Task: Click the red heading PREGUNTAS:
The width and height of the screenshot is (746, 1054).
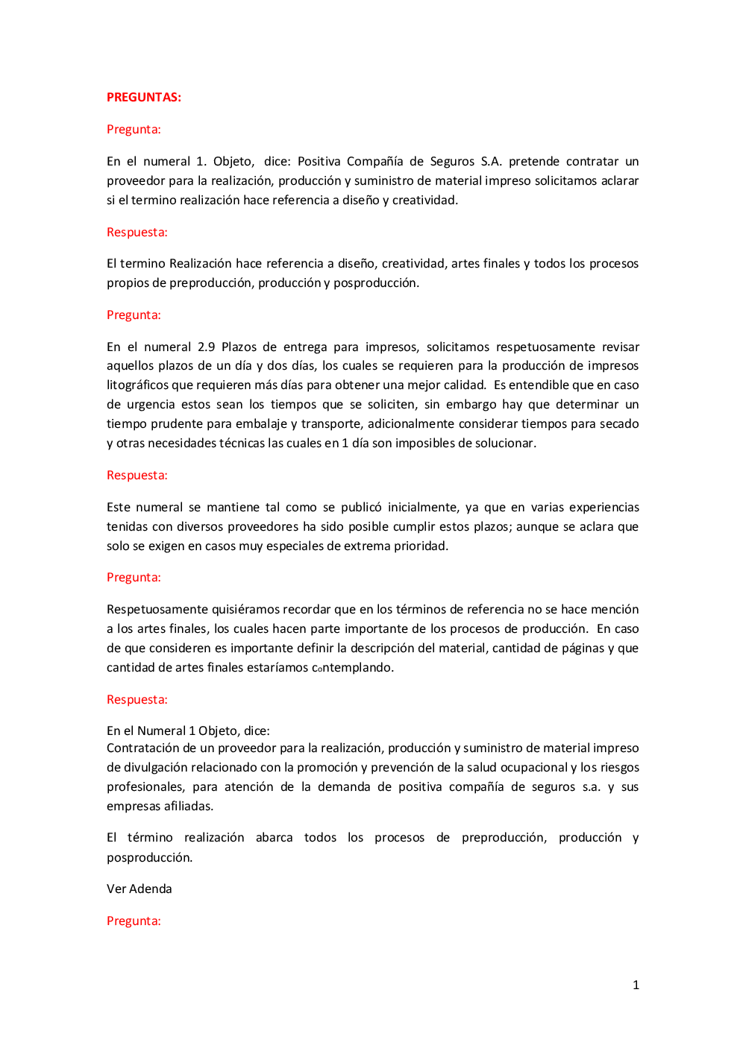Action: pyautogui.click(x=144, y=97)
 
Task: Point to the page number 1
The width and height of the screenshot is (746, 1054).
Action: pyautogui.click(x=636, y=985)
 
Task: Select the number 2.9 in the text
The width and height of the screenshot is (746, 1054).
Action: pyautogui.click(x=206, y=347)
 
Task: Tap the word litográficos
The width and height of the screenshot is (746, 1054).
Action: pyautogui.click(x=138, y=385)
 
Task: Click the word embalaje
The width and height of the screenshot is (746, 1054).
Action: pyautogui.click(x=260, y=423)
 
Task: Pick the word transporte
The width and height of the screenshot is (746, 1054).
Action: pyautogui.click(x=330, y=423)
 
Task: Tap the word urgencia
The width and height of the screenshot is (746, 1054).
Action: pyautogui.click(x=151, y=404)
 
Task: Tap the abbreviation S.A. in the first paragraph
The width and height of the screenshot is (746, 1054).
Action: pyautogui.click(x=491, y=161)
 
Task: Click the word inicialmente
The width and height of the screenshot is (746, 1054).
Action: pyautogui.click(x=423, y=507)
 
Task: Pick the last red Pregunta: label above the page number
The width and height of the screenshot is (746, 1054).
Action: pyautogui.click(x=134, y=921)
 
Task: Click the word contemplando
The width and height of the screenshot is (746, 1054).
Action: pyautogui.click(x=352, y=667)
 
